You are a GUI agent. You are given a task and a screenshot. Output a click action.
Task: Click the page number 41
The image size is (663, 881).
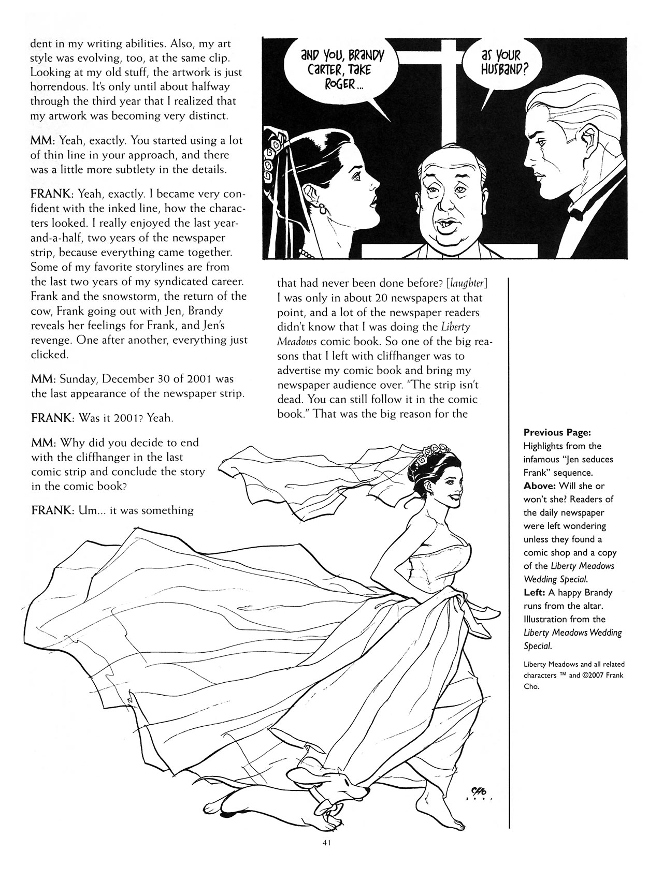[x=326, y=857]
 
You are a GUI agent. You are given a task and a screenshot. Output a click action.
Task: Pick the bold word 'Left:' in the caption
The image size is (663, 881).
[x=537, y=592]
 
